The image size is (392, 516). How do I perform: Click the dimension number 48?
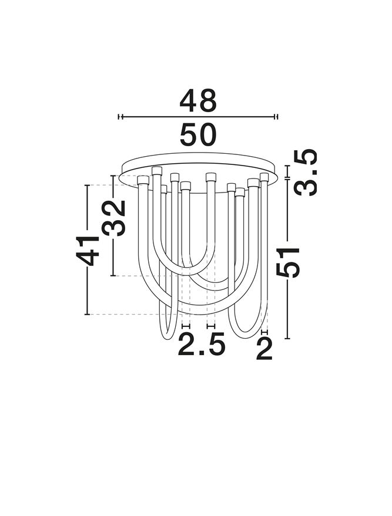click(198, 100)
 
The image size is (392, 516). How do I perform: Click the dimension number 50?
click(198, 134)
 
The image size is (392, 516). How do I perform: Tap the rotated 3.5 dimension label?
click(306, 173)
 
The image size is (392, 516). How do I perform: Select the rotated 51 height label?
click(288, 262)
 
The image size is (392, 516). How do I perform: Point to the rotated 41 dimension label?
click(88, 251)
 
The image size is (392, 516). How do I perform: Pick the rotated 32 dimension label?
click(113, 218)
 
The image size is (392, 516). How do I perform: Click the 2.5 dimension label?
click(202, 344)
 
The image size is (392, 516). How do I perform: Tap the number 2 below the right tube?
click(264, 349)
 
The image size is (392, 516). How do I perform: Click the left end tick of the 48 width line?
click(120, 116)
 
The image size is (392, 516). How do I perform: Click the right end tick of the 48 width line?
click(276, 116)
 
